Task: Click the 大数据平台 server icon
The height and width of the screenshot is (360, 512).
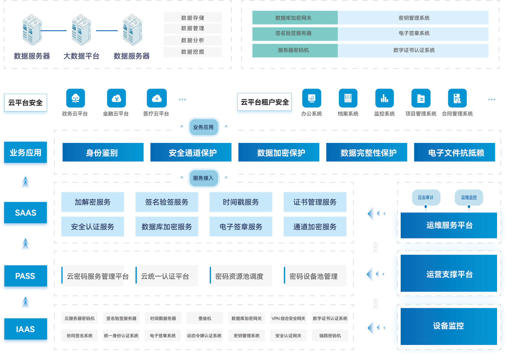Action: [81, 30]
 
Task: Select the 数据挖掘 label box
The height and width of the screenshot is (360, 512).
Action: [193, 52]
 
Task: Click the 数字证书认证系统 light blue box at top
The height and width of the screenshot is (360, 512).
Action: [413, 50]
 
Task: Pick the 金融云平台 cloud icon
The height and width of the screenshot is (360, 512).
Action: [116, 98]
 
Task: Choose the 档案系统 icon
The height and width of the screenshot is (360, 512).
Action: [348, 98]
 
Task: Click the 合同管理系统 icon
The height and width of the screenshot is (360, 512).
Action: [457, 98]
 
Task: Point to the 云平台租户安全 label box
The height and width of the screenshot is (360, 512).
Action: [264, 102]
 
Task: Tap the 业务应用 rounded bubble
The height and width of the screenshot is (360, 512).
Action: [203, 127]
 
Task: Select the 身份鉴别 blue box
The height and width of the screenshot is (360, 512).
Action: [103, 152]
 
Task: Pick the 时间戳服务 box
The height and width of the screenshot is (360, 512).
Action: [241, 202]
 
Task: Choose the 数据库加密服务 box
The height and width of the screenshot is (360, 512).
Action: [167, 227]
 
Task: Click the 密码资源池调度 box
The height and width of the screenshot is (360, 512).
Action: [241, 276]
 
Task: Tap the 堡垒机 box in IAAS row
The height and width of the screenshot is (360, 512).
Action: [205, 318]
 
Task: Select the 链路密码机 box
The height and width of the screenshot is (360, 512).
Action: [330, 336]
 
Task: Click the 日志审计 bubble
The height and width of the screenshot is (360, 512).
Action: [426, 198]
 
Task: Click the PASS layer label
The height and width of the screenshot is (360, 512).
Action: [25, 276]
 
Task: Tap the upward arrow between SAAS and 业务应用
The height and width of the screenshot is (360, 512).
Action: [26, 182]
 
